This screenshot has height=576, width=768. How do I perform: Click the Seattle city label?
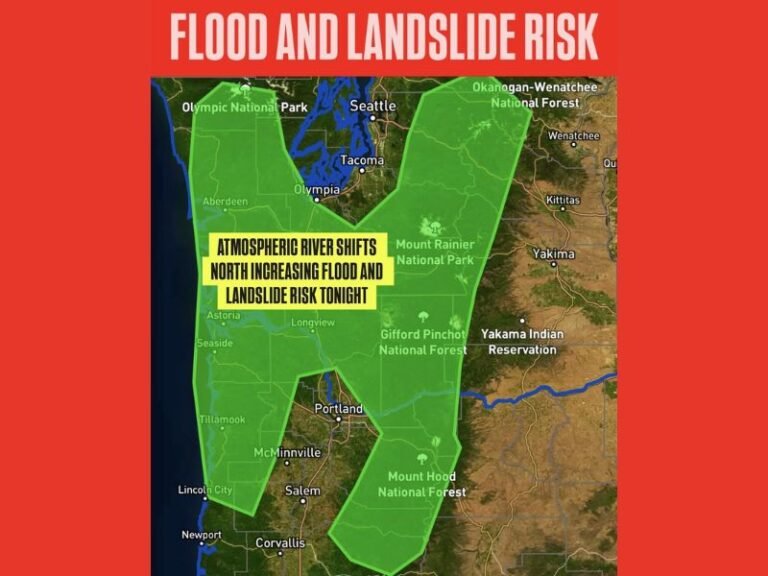[x=373, y=106]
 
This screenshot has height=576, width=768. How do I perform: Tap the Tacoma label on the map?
[x=361, y=160]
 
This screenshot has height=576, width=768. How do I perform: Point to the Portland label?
[x=339, y=409]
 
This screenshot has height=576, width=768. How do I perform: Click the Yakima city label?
[x=553, y=254]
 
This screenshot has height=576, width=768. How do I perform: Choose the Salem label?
[x=302, y=491]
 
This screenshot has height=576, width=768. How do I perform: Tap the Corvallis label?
[x=280, y=543]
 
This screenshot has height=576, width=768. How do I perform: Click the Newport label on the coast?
[x=201, y=535]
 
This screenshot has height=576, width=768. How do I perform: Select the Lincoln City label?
[x=205, y=490]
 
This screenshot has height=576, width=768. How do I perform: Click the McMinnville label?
[x=288, y=452]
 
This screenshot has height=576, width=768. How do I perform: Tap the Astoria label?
[x=221, y=315]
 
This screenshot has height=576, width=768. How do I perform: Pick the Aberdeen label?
[x=225, y=201]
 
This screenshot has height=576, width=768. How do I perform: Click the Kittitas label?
[x=562, y=201]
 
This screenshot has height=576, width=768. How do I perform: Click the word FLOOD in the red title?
[x=222, y=38]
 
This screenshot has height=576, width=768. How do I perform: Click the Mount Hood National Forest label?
[x=421, y=484]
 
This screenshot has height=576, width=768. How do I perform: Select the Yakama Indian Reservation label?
[x=522, y=341]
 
